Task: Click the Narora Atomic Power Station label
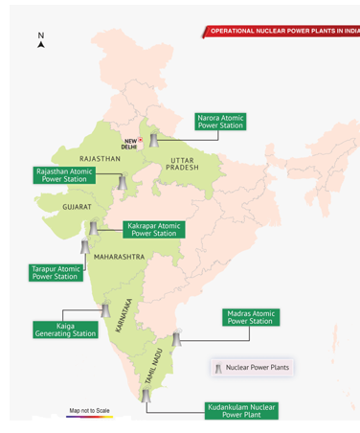pyautogui.click(x=220, y=122)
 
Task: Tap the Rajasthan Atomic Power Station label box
pyautogui.click(x=64, y=175)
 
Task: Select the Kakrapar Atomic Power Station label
pyautogui.click(x=153, y=230)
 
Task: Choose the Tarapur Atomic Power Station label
pyautogui.click(x=55, y=273)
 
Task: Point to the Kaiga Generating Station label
pyautogui.click(x=65, y=330)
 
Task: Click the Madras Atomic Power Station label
pyautogui.click(x=251, y=317)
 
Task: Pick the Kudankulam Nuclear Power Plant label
pyautogui.click(x=241, y=411)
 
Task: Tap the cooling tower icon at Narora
pyautogui.click(x=152, y=141)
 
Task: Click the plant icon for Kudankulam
pyautogui.click(x=146, y=395)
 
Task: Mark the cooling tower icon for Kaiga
pyautogui.click(x=105, y=311)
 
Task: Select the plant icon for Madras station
pyautogui.click(x=175, y=339)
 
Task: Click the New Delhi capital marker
pyautogui.click(x=141, y=141)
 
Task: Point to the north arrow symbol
pyautogui.click(x=41, y=41)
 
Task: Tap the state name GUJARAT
pyautogui.click(x=78, y=207)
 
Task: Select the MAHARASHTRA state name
pyautogui.click(x=120, y=258)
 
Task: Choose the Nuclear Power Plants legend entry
pyautogui.click(x=251, y=367)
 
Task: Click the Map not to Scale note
pyautogui.click(x=89, y=411)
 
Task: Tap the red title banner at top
pyautogui.click(x=282, y=31)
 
